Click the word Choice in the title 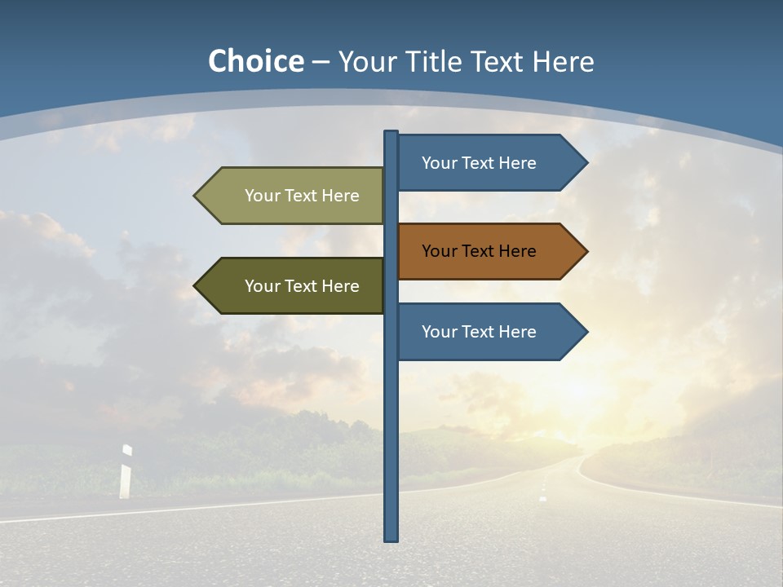pyautogui.click(x=255, y=61)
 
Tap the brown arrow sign pyautogui.click(x=481, y=251)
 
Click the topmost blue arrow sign pyautogui.click(x=481, y=163)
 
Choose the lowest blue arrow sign pyautogui.click(x=481, y=332)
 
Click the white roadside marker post pyautogui.click(x=126, y=472)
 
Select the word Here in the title pyautogui.click(x=564, y=61)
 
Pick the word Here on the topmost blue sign pyautogui.click(x=517, y=163)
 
